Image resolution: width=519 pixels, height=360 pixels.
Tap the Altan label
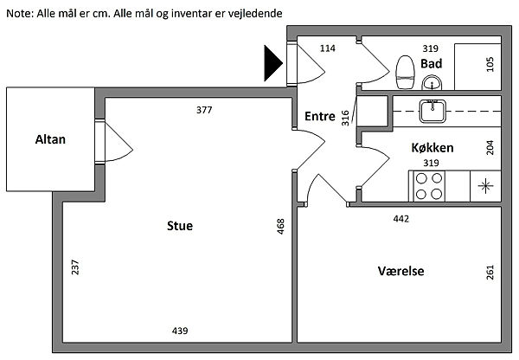pos(50,138)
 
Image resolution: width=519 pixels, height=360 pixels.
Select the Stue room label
pos(180,226)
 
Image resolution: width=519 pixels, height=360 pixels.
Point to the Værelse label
pos(400,271)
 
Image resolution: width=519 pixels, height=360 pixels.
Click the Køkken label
pos(432,147)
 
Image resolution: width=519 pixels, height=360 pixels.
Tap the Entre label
pos(319,117)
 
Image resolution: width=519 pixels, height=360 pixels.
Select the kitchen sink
pos(431,109)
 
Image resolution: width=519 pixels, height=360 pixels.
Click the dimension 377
pos(203,110)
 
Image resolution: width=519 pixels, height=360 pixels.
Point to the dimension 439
pos(180,331)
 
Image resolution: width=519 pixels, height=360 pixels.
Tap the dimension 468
pos(280,227)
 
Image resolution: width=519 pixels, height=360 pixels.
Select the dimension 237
pos(75,268)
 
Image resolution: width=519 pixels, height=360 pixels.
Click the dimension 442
pos(400,219)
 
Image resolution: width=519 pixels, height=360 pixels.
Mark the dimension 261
pos(490,273)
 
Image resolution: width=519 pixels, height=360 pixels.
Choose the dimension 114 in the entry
pos(327,48)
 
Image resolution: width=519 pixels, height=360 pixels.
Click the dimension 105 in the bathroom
pos(490,64)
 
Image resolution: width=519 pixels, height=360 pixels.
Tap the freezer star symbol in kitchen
pos(484,184)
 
